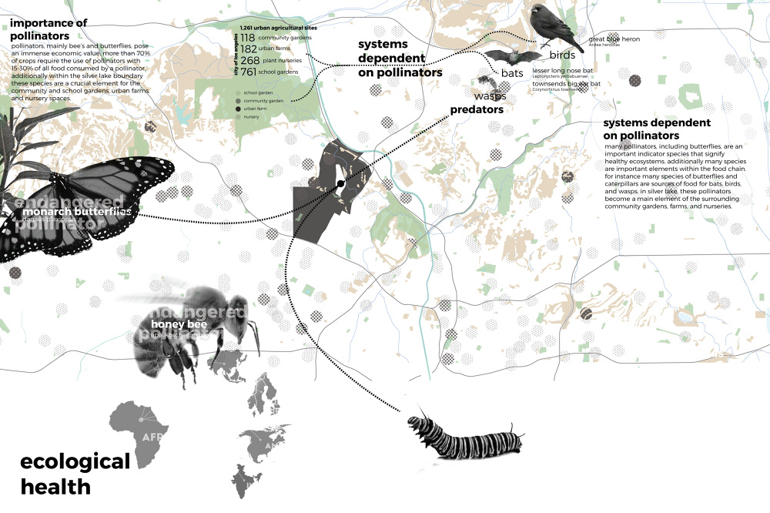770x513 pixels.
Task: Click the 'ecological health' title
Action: pyautogui.click(x=75, y=474)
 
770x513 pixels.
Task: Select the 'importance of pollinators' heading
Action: pyautogui.click(x=51, y=29)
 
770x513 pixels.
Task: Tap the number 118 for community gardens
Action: pyautogui.click(x=247, y=38)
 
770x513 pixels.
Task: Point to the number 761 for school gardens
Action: pyautogui.click(x=248, y=72)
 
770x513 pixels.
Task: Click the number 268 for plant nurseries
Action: pyautogui.click(x=249, y=61)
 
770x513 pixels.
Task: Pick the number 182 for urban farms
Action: pyautogui.click(x=248, y=49)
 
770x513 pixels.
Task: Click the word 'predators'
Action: pyautogui.click(x=477, y=110)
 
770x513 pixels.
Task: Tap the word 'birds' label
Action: pyautogui.click(x=562, y=55)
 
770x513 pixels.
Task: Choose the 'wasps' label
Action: pyautogui.click(x=490, y=96)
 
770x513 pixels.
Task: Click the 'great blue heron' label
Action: pyautogui.click(x=614, y=39)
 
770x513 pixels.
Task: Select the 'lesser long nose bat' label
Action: pyautogui.click(x=561, y=70)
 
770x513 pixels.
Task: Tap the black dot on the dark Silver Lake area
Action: pyautogui.click(x=340, y=183)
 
